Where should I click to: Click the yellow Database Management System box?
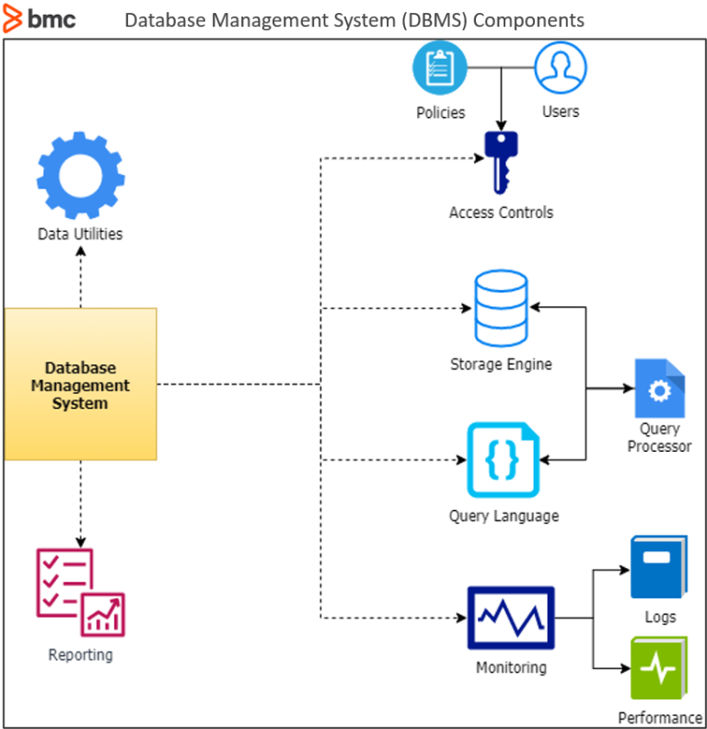point(81,384)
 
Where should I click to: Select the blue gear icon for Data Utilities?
point(81,176)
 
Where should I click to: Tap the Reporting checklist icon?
point(80,593)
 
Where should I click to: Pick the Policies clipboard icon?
point(440,69)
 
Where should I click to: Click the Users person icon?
point(561,69)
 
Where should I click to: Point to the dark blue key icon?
point(501,160)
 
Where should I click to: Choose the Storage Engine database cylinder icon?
point(501,309)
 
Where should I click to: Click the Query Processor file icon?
point(659,388)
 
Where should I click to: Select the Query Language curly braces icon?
point(501,459)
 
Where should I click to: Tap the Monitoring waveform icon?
point(511,618)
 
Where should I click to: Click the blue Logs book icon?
point(658,567)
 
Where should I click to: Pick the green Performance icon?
point(658,668)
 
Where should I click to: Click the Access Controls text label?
point(501,213)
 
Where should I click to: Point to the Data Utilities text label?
point(80,234)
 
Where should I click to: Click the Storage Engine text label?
point(501,364)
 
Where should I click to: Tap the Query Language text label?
point(504,516)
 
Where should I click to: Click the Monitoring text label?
point(511,667)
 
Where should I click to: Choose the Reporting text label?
point(80,655)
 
